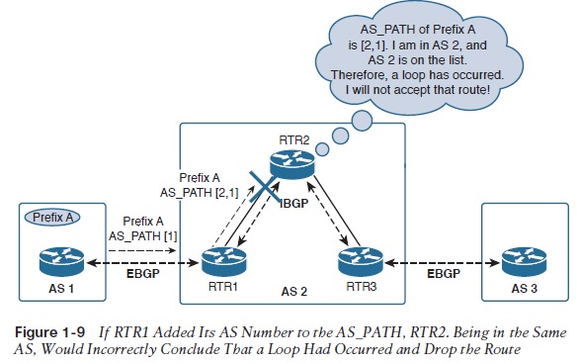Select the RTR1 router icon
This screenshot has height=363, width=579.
223,261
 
